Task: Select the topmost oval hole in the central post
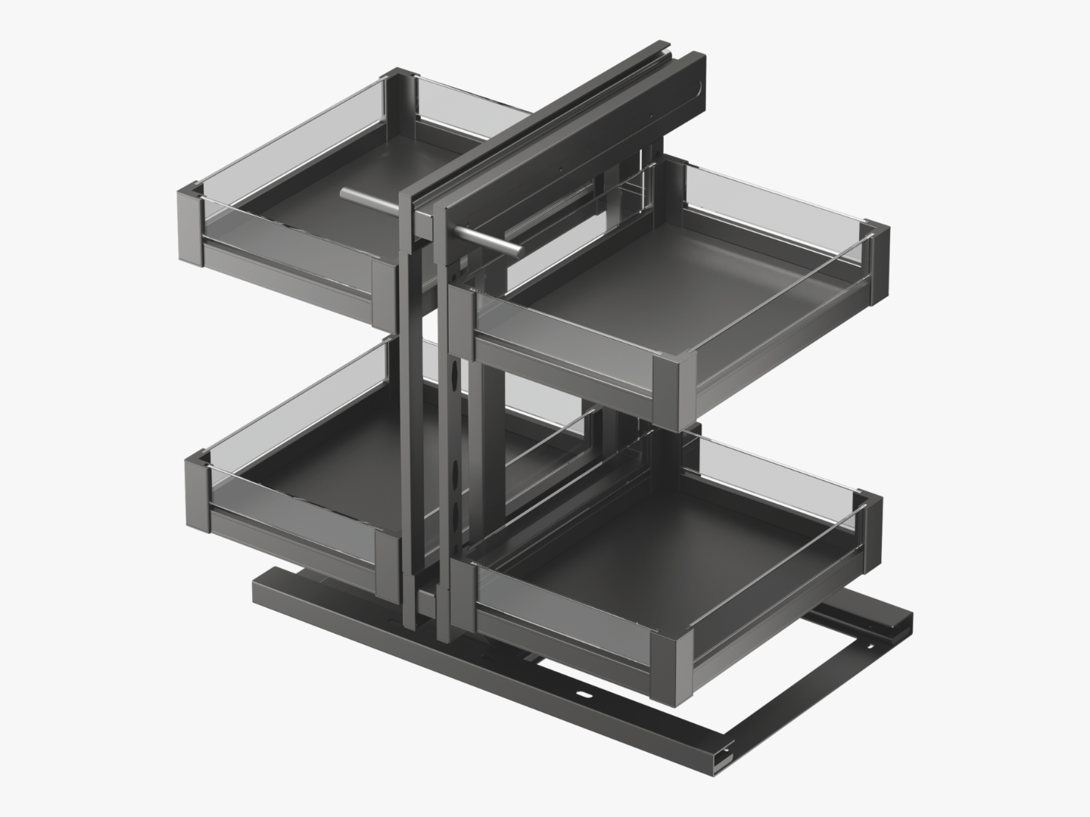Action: (455, 377)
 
